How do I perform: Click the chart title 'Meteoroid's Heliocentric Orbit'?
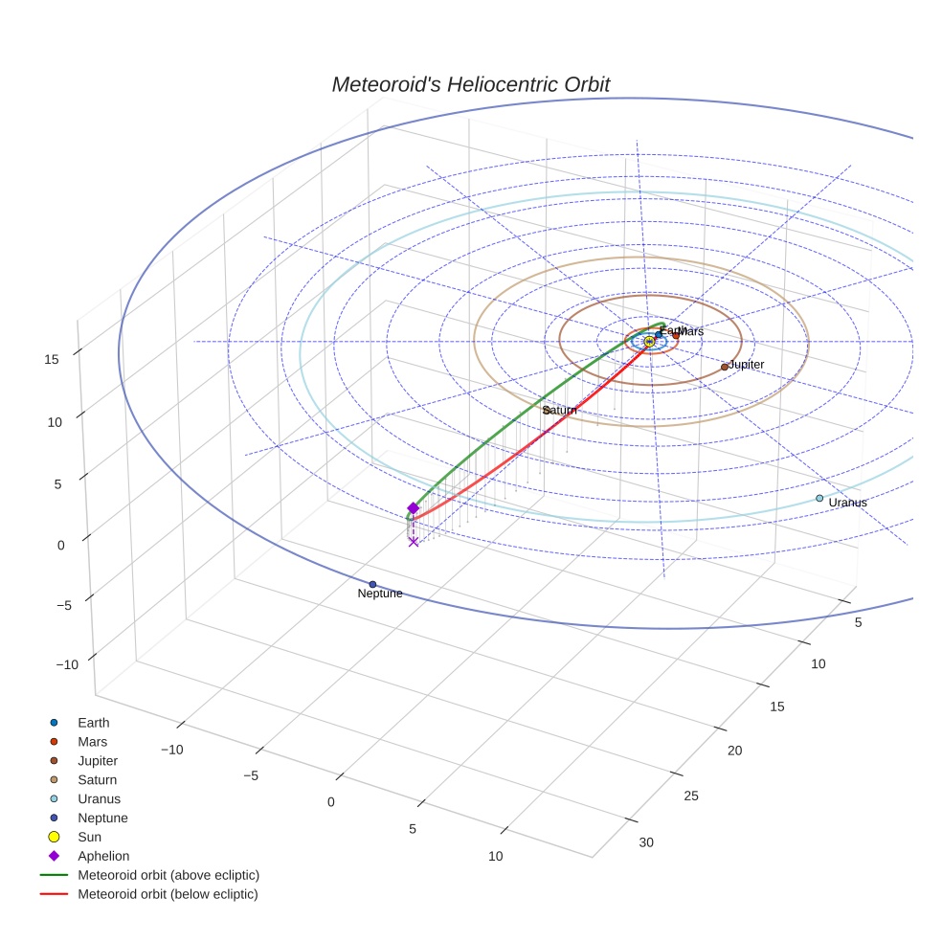pyautogui.click(x=470, y=84)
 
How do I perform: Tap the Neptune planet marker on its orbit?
pyautogui.click(x=372, y=584)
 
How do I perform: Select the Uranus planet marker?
pyautogui.click(x=819, y=498)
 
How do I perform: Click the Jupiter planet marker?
pyautogui.click(x=725, y=367)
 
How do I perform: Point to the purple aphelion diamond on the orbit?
pyautogui.click(x=413, y=508)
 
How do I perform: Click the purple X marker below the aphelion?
pyautogui.click(x=413, y=542)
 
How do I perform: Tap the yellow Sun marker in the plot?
pyautogui.click(x=649, y=342)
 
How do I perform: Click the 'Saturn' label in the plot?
pyautogui.click(x=561, y=410)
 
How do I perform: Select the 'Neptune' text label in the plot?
pyautogui.click(x=380, y=594)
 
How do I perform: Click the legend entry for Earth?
pyautogui.click(x=93, y=723)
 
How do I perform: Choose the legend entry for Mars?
pyautogui.click(x=92, y=742)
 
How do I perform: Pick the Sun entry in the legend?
pyautogui.click(x=89, y=837)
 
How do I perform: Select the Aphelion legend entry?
pyautogui.click(x=102, y=856)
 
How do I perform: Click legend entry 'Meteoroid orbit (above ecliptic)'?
pyautogui.click(x=168, y=875)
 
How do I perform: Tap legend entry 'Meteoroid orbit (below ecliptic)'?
pyautogui.click(x=168, y=894)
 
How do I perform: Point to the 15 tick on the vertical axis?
pyautogui.click(x=52, y=359)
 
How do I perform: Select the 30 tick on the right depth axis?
pyautogui.click(x=646, y=842)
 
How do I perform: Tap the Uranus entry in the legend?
pyautogui.click(x=99, y=798)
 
